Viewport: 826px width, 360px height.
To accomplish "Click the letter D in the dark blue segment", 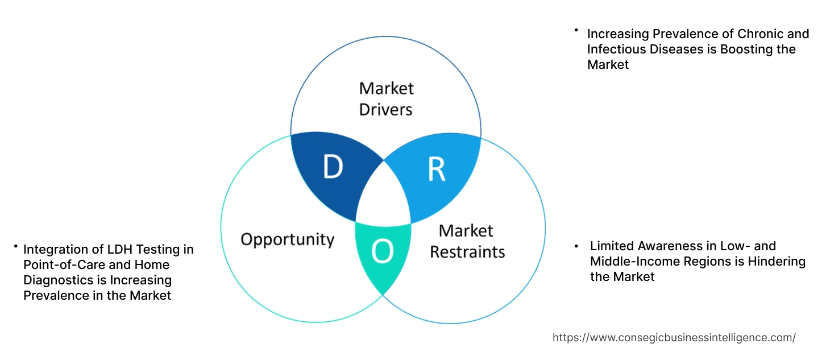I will coord(333,167).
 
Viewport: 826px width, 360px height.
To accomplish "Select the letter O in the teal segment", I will coord(382,252).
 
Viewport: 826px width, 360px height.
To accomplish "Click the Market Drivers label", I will coord(386,98).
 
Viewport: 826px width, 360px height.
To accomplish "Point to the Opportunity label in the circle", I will coord(288,239).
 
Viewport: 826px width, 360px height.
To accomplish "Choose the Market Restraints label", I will coord(467,241).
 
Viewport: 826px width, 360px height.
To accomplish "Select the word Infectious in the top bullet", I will coord(616,49).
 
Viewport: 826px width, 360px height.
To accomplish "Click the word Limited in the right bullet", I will coord(612,246).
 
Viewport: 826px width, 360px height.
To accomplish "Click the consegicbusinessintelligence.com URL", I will coord(674,337).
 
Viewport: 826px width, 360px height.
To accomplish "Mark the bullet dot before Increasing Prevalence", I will coord(576,29).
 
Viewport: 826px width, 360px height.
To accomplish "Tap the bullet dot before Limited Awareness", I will coord(576,246).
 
